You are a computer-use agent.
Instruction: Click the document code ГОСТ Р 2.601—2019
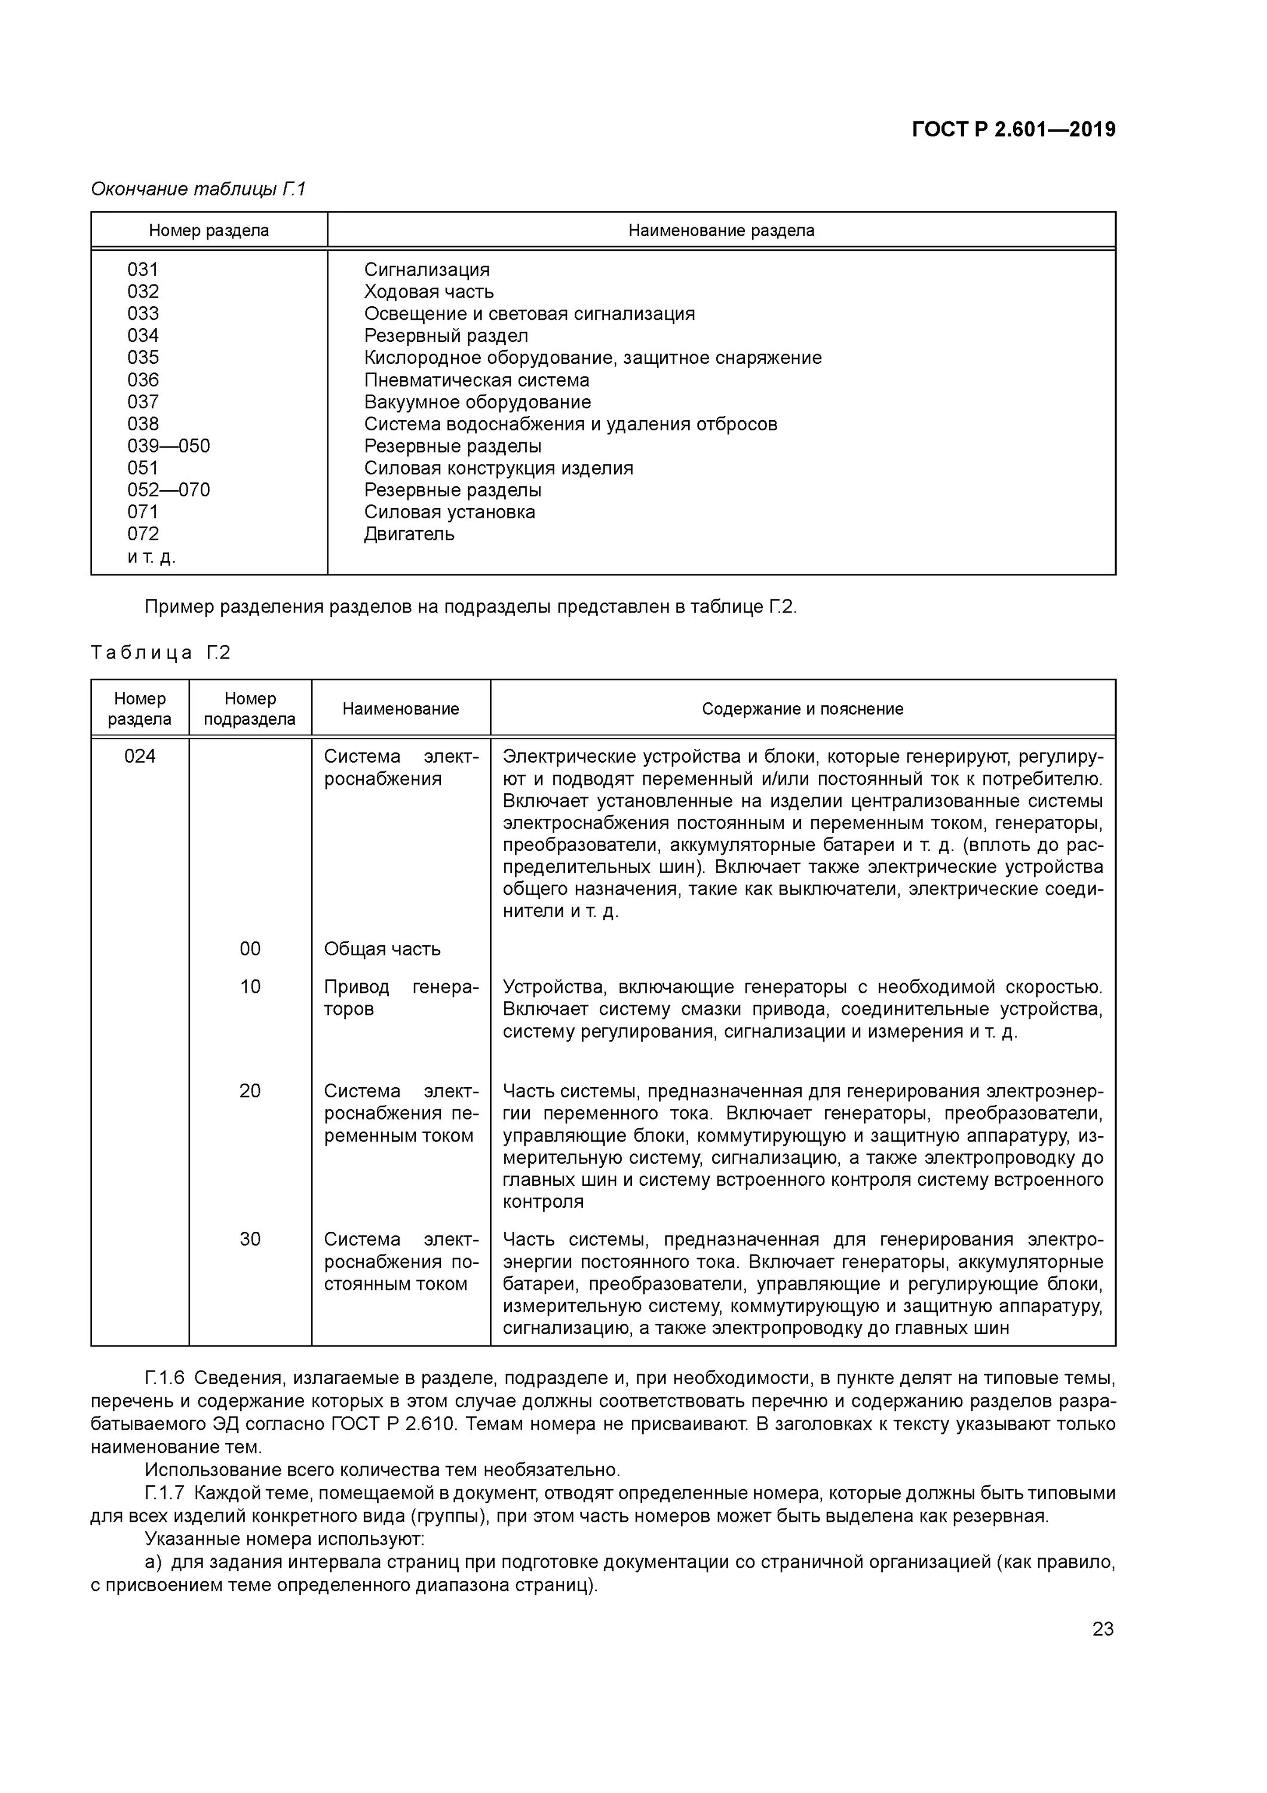click(1013, 130)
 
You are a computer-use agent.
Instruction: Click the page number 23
click(1102, 1628)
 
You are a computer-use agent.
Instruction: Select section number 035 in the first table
click(143, 357)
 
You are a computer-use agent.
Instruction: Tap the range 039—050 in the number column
click(168, 446)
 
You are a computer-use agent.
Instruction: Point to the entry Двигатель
click(409, 534)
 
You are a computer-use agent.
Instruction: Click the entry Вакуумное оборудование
click(477, 402)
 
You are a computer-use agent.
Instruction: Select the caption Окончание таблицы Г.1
click(198, 189)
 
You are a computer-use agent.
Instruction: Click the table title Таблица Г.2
click(160, 652)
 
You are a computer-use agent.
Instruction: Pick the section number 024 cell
click(140, 756)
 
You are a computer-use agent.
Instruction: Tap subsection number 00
click(250, 949)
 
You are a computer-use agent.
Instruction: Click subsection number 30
click(250, 1240)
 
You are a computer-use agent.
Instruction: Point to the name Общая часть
click(382, 949)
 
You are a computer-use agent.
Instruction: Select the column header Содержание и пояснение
click(802, 708)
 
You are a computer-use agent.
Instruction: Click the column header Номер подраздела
click(250, 708)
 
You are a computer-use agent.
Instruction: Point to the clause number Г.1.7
click(165, 1493)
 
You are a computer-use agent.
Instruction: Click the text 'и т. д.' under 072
click(152, 557)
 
